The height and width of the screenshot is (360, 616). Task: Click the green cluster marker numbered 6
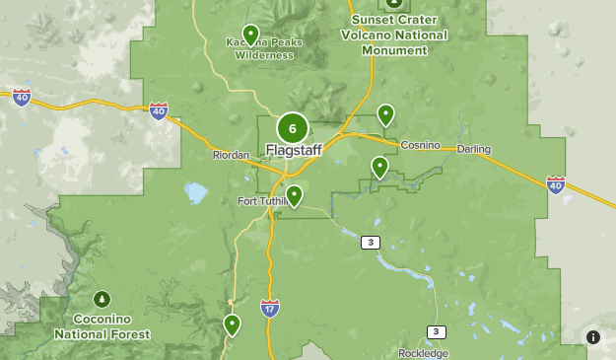point(293,128)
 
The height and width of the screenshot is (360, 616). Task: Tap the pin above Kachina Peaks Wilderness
point(250,36)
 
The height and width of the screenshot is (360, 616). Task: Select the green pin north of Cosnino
point(385,115)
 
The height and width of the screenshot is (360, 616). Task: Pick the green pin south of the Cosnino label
point(379,167)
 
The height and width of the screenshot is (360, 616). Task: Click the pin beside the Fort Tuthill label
point(293,195)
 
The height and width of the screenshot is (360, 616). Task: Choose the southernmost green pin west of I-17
point(232,324)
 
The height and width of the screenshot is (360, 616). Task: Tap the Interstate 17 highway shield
point(270,308)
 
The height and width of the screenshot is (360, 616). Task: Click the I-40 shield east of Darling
point(556,184)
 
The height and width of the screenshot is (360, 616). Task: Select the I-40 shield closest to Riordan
point(159,110)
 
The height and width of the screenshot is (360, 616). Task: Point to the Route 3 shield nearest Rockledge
point(436,331)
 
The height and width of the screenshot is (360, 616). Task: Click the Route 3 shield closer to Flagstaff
point(370,243)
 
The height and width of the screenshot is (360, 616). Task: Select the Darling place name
point(473,150)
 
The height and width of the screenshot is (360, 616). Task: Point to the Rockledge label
point(423,353)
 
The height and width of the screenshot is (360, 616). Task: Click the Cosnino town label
point(419,146)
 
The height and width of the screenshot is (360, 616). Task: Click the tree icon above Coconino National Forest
point(102,299)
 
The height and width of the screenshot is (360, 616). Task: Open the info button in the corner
point(593,337)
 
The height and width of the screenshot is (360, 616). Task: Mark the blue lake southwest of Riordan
point(194,190)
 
